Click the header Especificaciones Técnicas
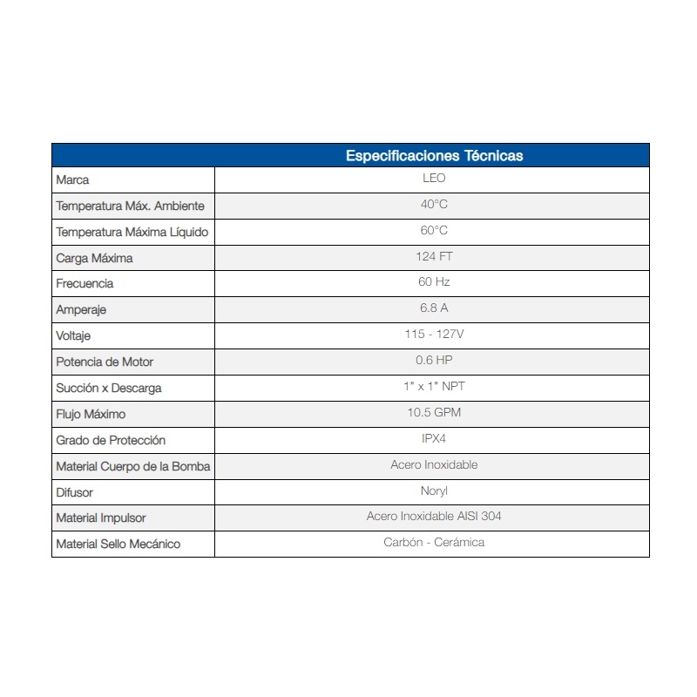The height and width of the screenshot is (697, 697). (434, 156)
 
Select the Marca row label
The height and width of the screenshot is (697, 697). (72, 180)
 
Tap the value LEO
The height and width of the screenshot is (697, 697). (434, 179)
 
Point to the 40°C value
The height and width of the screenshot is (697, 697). (434, 205)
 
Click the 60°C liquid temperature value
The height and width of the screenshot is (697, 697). (434, 231)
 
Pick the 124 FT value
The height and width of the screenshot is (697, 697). (434, 257)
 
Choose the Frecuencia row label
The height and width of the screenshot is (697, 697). (85, 284)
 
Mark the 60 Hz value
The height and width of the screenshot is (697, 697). (434, 282)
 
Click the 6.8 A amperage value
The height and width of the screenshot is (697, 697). (434, 308)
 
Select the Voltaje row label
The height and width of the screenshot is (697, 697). (73, 335)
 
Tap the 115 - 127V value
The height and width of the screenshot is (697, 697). (434, 335)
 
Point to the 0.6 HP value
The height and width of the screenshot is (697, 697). (434, 361)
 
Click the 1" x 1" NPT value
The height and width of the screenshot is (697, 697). (434, 386)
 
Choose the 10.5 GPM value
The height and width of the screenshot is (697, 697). (434, 412)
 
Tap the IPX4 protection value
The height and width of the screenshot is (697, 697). (434, 438)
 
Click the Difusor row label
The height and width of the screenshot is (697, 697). (74, 492)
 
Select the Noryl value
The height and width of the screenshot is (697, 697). (434, 491)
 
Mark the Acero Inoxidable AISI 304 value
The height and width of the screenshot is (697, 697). (434, 517)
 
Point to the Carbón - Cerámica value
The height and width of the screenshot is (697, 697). (434, 543)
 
